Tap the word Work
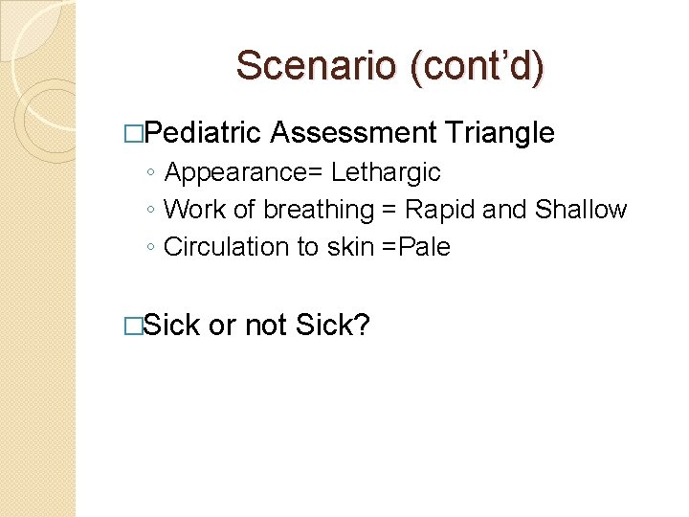[189, 210]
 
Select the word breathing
[319, 210]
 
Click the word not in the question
[265, 326]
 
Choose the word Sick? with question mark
[333, 326]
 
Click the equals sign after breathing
[389, 210]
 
